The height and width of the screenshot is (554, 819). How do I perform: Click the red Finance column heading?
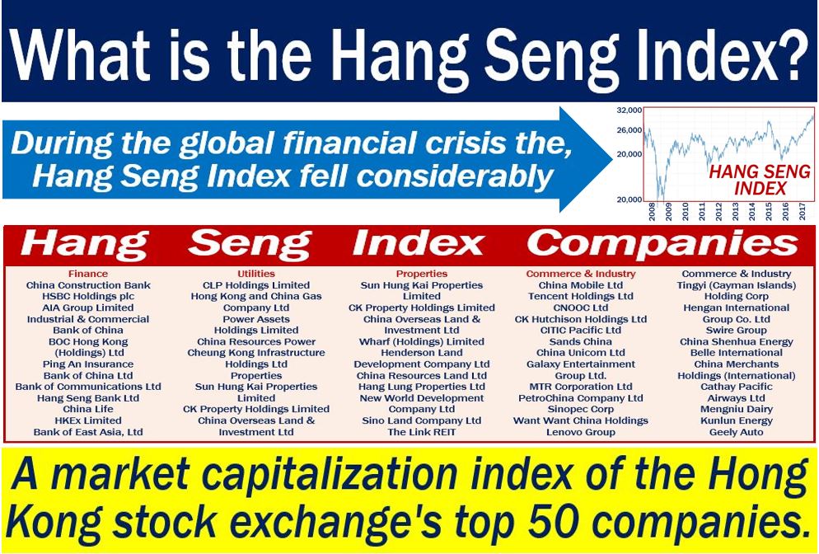[87, 274]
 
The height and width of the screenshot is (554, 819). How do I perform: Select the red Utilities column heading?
[256, 274]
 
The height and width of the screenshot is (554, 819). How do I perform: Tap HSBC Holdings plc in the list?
[88, 296]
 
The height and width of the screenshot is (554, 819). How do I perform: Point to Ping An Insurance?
[88, 364]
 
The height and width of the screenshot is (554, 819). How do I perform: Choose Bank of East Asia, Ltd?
[88, 432]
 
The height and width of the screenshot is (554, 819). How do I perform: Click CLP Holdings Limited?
[256, 285]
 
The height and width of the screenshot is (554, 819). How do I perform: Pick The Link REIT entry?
[422, 432]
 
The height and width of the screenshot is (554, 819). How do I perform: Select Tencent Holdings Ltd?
[581, 296]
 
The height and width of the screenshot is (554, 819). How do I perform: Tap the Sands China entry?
[581, 342]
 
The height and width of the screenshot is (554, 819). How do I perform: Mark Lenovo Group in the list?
[581, 432]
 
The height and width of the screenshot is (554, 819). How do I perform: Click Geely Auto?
[737, 432]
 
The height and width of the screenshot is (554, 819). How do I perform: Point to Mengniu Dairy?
[737, 409]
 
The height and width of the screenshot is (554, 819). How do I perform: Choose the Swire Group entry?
[737, 331]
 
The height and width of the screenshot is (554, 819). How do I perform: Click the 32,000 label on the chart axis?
[629, 110]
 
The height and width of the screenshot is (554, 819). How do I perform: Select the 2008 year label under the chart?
[652, 212]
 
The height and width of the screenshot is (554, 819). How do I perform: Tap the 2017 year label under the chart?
[803, 212]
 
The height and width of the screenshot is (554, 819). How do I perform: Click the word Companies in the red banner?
[662, 244]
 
